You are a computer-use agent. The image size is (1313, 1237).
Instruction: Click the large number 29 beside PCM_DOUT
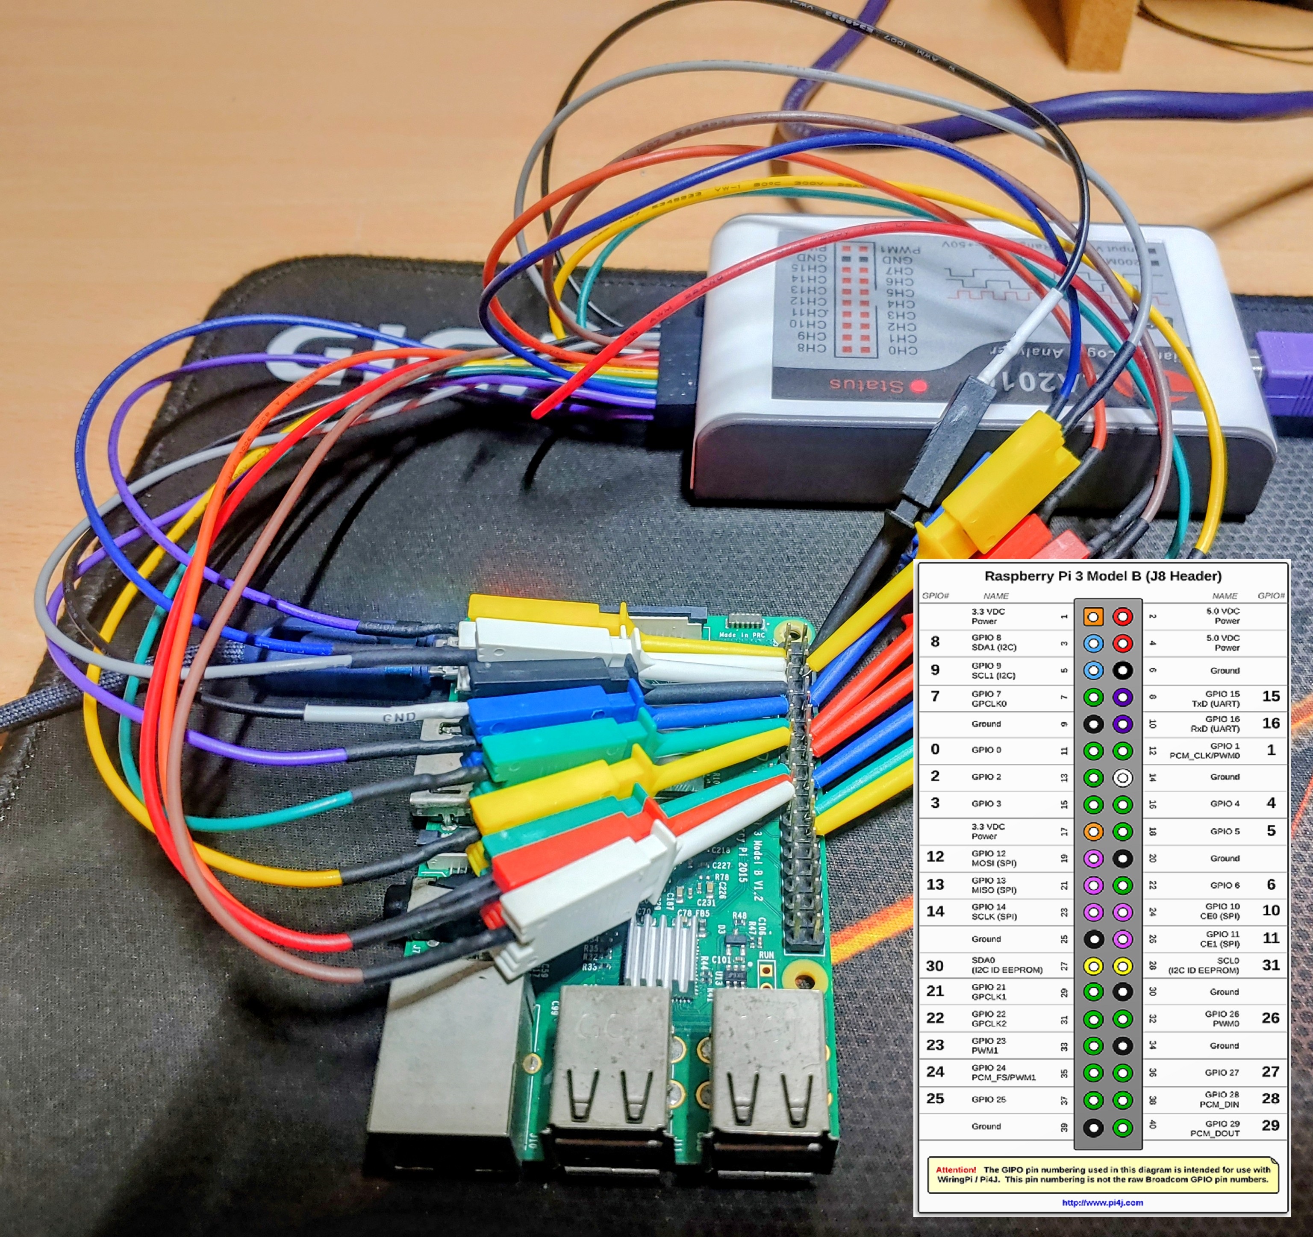tap(1270, 1126)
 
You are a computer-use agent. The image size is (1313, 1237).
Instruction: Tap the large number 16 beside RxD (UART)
tap(1270, 724)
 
